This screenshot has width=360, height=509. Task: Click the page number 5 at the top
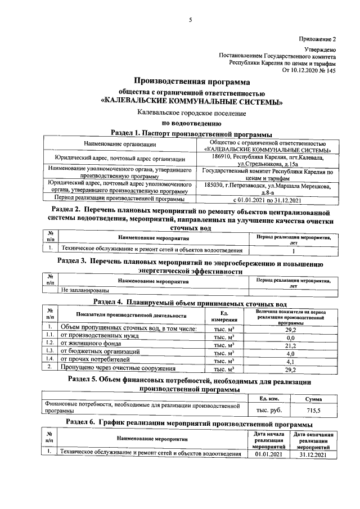click(x=190, y=20)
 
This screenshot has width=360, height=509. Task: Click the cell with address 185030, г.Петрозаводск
click(x=268, y=188)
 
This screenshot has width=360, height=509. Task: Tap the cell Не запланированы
click(x=85, y=291)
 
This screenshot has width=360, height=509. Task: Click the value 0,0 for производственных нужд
click(x=290, y=336)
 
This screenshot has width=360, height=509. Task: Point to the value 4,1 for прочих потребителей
click(x=290, y=362)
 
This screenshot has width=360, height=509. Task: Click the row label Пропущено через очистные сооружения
click(x=118, y=369)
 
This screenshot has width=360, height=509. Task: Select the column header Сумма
click(x=313, y=399)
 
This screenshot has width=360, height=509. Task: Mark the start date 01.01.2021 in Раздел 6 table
click(x=268, y=453)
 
